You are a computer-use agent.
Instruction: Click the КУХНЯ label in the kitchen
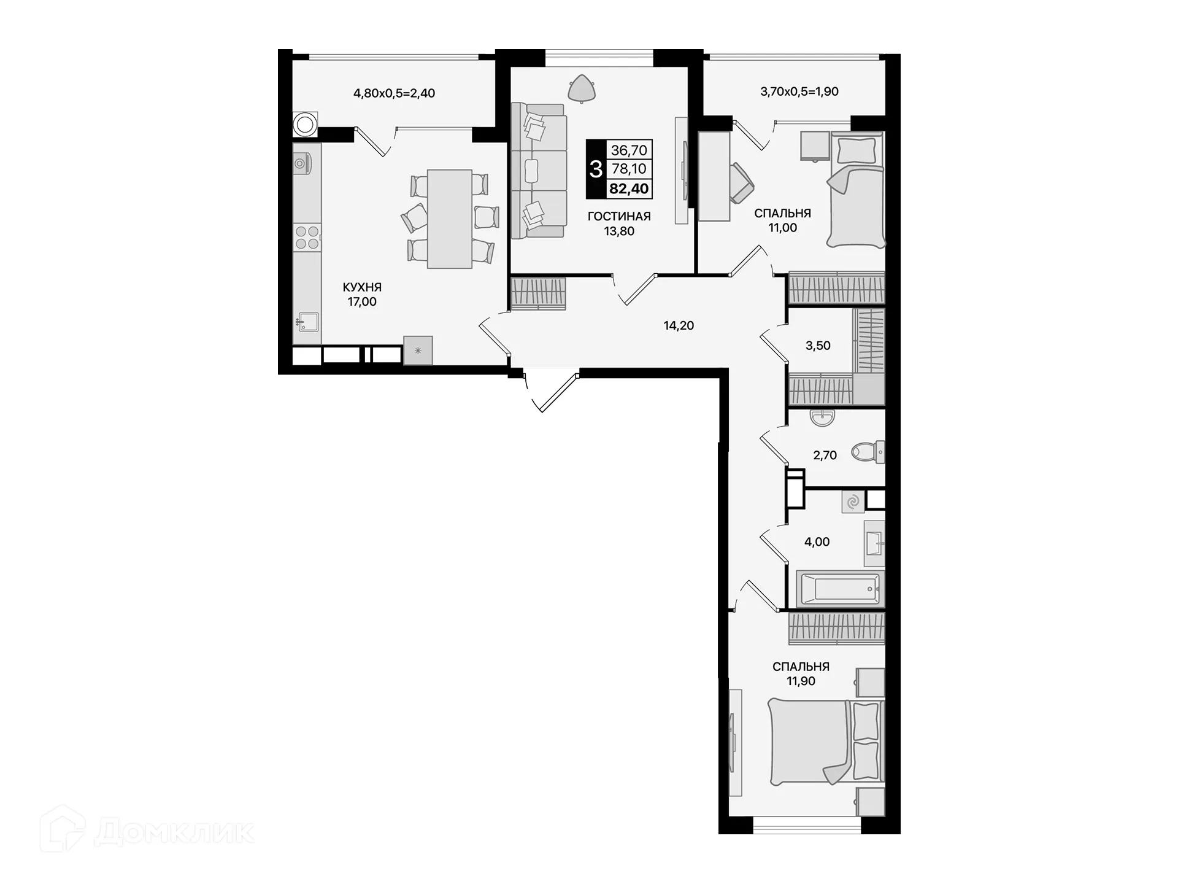tap(362, 287)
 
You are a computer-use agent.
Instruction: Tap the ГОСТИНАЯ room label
tap(618, 216)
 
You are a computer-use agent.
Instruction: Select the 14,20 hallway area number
tap(679, 326)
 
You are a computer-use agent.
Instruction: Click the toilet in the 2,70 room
tap(866, 452)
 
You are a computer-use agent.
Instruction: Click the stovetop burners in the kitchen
tap(307, 238)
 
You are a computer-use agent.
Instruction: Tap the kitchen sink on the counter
tap(307, 322)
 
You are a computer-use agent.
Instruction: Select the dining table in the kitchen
tap(449, 219)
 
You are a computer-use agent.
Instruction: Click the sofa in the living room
tap(538, 170)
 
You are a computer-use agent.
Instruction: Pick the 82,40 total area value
tap(629, 188)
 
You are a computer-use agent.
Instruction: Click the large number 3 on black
tap(595, 169)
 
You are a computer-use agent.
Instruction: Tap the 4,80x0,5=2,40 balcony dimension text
tap(394, 93)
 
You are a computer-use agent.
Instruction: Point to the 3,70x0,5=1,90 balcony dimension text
tap(799, 91)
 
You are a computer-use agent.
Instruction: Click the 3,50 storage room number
tap(818, 346)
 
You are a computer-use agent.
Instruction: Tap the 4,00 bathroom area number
tap(817, 542)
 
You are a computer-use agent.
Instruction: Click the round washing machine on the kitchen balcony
tap(304, 125)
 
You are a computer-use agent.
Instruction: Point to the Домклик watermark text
tap(174, 832)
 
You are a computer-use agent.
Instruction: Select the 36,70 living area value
tap(629, 150)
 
